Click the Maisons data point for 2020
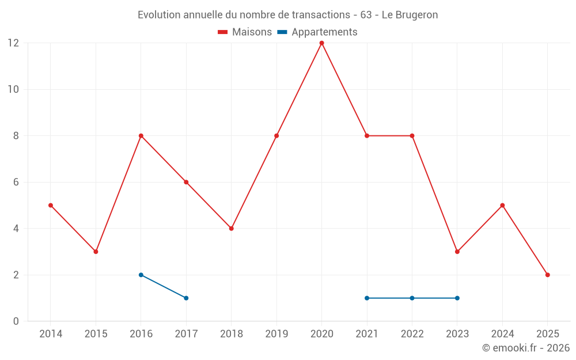[321, 43]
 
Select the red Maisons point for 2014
[51, 205]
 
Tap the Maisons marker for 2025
[547, 275]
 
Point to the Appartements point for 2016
[141, 275]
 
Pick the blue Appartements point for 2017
[186, 298]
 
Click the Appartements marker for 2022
[412, 298]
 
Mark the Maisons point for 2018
[231, 228]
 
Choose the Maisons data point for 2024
[502, 205]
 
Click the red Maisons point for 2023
[457, 252]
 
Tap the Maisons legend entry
[245, 32]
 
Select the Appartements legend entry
[317, 32]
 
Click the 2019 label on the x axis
[276, 334]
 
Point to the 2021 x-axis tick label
[367, 334]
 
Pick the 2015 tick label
[96, 334]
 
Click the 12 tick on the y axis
[13, 43]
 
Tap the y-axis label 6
[16, 182]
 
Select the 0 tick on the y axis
[16, 321]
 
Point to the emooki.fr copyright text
[525, 348]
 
